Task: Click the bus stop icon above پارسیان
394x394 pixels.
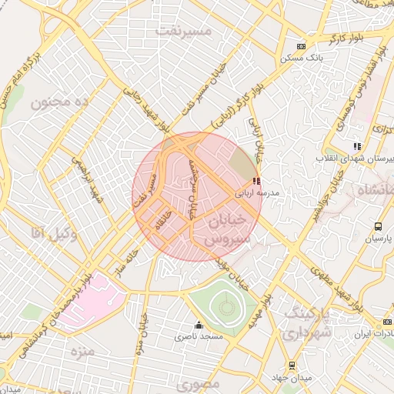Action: point(378,226)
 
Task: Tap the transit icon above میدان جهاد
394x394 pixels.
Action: point(291,366)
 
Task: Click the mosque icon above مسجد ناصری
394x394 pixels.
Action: point(199,325)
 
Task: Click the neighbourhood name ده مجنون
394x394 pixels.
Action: point(60,102)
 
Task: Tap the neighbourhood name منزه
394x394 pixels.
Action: point(81,352)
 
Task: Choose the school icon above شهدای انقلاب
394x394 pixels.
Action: point(356,145)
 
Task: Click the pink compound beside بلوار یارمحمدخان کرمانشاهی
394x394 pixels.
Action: point(91,301)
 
